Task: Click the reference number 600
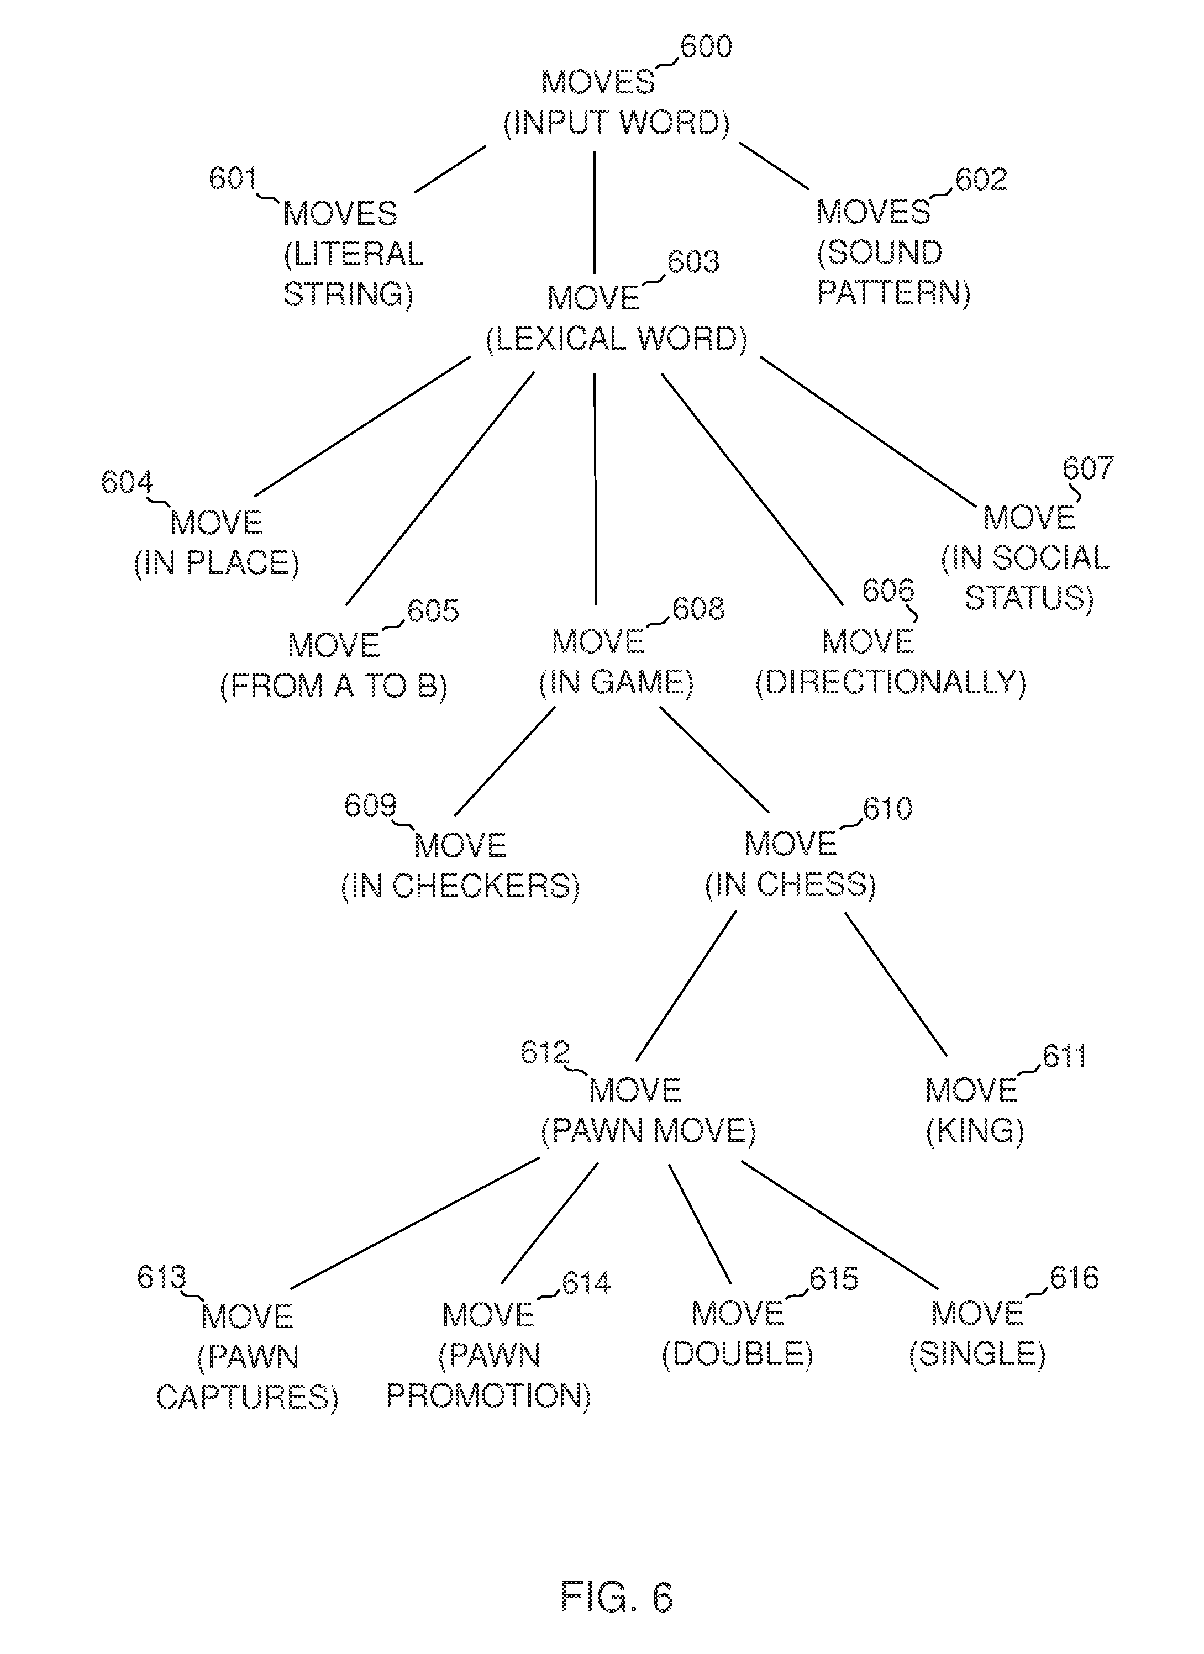point(706,46)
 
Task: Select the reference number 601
point(233,178)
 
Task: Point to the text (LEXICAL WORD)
point(617,339)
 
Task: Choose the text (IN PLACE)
point(217,563)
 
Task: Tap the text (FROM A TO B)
point(334,686)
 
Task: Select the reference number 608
point(698,608)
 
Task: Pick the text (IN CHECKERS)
point(460,886)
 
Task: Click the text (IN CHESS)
point(791,884)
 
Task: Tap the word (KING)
point(975,1131)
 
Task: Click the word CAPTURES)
point(247,1397)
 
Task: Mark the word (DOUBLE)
point(737,1354)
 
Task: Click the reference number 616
point(1074,1278)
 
